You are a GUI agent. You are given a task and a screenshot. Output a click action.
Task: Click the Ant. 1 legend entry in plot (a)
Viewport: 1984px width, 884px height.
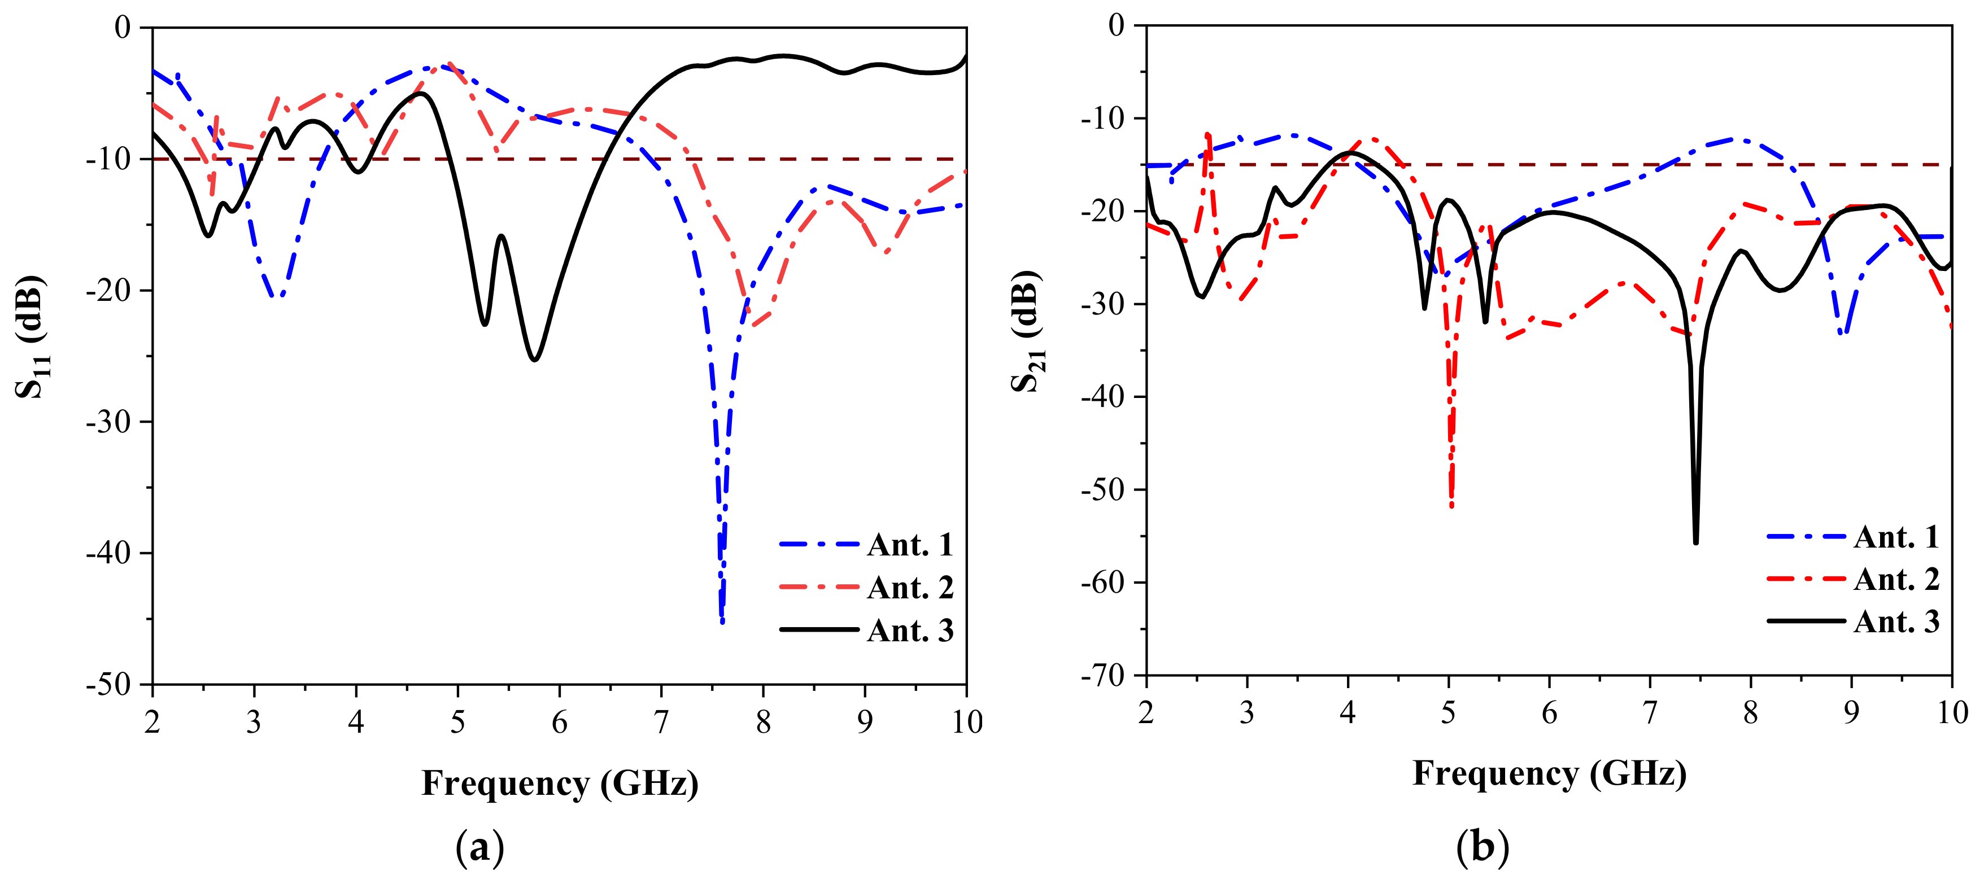[x=910, y=545]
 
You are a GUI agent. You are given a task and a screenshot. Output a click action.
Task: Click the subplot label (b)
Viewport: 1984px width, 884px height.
[x=1482, y=848]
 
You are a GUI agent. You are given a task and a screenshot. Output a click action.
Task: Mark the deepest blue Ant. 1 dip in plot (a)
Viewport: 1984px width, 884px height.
[x=722, y=620]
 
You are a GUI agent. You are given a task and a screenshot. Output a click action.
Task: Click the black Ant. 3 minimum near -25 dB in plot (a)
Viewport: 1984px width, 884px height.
[x=534, y=359]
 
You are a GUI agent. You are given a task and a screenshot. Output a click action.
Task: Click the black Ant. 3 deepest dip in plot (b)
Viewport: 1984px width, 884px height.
[x=1696, y=541]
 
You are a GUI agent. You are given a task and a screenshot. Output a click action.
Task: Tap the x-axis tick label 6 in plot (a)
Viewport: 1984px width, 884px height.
[x=559, y=723]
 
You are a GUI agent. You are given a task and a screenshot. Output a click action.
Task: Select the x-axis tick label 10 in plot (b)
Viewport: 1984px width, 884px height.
[x=1952, y=713]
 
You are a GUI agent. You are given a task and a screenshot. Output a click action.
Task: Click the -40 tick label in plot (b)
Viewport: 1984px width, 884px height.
[x=1102, y=397]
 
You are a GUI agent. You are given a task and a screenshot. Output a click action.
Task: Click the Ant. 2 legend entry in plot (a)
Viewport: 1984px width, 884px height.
[x=910, y=588]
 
